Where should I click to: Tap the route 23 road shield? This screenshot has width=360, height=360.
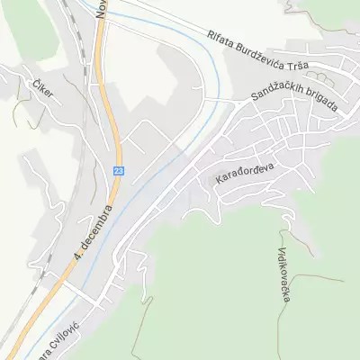pos(119,170)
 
